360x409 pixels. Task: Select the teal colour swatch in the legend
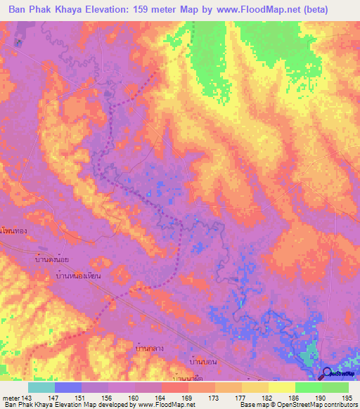point(41,387)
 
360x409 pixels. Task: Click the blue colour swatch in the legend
point(68,387)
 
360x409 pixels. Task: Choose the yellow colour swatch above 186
point(281,387)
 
